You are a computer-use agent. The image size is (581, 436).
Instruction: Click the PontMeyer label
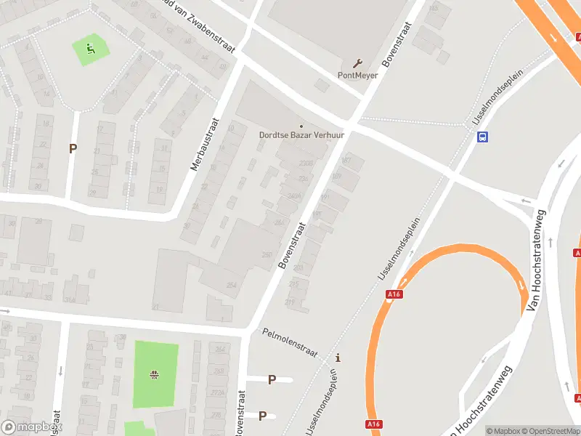coord(357,75)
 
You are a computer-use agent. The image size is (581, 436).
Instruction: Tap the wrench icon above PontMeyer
coord(357,63)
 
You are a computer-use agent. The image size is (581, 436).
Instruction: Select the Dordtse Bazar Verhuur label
coord(301,134)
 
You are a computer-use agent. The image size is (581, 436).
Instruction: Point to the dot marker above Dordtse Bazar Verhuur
coord(301,125)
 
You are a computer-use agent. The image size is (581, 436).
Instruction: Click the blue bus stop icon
coord(482,136)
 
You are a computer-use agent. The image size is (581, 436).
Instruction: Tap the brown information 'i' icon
coord(338,358)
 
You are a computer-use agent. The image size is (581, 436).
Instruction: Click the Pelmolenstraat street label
coord(290,342)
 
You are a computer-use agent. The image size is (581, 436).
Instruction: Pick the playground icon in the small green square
coord(91,49)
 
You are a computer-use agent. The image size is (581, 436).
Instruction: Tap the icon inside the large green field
coord(155,375)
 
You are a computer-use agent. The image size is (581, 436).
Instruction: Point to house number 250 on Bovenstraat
coord(267,255)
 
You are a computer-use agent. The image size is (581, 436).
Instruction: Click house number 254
coord(231,286)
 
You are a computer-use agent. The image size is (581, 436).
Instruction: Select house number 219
coord(291,302)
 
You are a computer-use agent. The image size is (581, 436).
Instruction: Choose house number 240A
coord(293,195)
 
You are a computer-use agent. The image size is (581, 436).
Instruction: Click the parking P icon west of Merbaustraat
coord(72,149)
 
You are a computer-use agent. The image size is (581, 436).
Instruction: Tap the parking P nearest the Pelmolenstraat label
coord(272,379)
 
